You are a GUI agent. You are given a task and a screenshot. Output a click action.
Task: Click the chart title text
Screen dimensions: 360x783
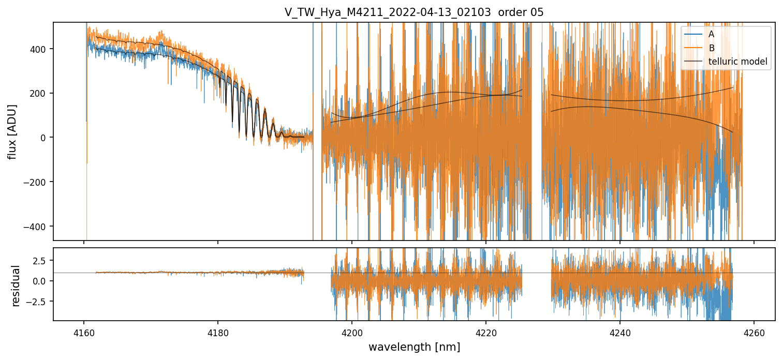click(x=413, y=12)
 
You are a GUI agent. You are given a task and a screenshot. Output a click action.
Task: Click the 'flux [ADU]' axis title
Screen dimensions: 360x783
click(x=12, y=131)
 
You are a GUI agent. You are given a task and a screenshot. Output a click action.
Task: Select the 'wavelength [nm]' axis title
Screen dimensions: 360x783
click(x=414, y=347)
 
